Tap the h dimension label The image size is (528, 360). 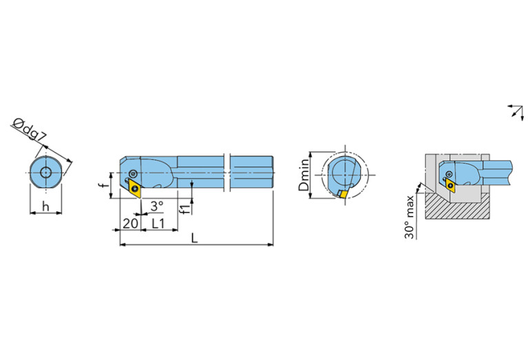pyautogui.click(x=45, y=207)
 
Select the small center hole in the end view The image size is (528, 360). pyautogui.click(x=45, y=172)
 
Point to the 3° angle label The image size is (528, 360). pyautogui.click(x=157, y=206)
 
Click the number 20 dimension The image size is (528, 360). pyautogui.click(x=130, y=223)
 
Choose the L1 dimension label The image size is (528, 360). pyautogui.click(x=158, y=223)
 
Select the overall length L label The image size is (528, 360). pyautogui.click(x=194, y=238)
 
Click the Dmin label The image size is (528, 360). pyautogui.click(x=304, y=175)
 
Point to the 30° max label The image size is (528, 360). pyautogui.click(x=409, y=217)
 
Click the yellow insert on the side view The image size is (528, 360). pyautogui.click(x=135, y=189)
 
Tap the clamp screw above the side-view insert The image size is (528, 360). pyautogui.click(x=134, y=173)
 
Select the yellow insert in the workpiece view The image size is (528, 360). pyautogui.click(x=450, y=185)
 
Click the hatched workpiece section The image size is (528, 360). pyautogui.click(x=458, y=208)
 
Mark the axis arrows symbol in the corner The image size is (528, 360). pyautogui.click(x=516, y=112)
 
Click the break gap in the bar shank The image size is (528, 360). pyautogui.click(x=227, y=173)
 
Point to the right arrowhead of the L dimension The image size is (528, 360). pyautogui.click(x=271, y=244)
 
